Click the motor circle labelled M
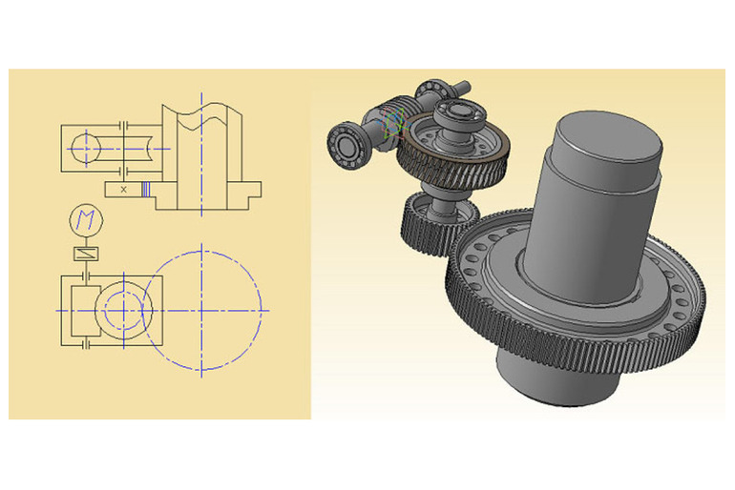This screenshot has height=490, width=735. [86, 220]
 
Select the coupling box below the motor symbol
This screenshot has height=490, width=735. [86, 254]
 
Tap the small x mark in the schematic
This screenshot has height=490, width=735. [123, 190]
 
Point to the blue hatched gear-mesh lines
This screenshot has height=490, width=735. [146, 190]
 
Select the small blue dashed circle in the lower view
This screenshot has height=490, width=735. [124, 310]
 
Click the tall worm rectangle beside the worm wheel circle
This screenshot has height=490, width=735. [86, 310]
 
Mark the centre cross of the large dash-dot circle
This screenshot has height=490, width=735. [201, 310]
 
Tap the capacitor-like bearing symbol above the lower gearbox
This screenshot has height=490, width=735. [86, 276]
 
